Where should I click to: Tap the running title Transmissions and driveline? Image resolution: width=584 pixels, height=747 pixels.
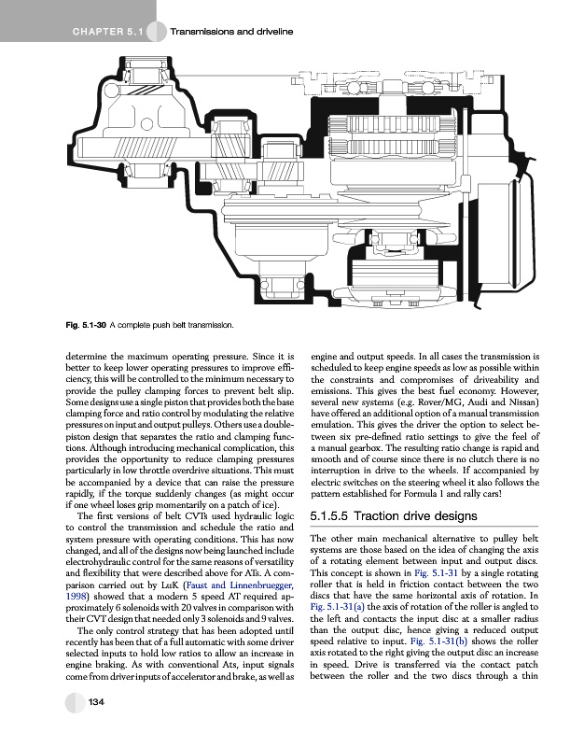click(x=232, y=33)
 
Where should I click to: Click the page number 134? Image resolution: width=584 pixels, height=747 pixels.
click(x=95, y=727)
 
